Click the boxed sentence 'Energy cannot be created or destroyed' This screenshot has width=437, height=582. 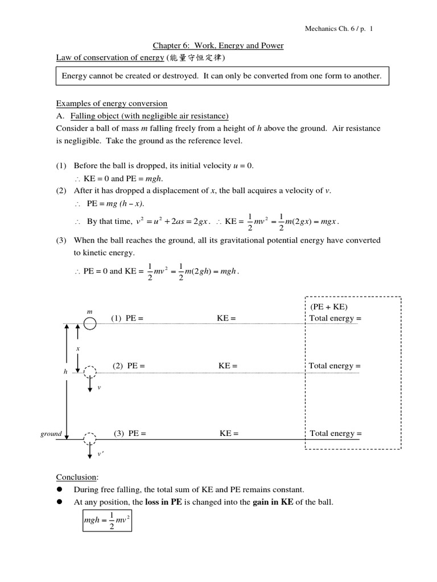(x=222, y=76)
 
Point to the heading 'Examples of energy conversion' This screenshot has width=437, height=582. (x=112, y=103)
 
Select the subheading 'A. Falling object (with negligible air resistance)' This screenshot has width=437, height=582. (x=142, y=116)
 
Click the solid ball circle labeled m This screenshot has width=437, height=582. (x=89, y=323)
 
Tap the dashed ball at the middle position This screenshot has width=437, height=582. (x=89, y=372)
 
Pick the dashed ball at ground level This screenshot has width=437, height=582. (x=89, y=439)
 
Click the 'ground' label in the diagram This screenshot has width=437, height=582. (x=51, y=434)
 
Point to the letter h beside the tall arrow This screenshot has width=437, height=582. (x=65, y=371)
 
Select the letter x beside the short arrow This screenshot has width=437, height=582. (x=78, y=348)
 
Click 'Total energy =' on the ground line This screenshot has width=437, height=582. (x=336, y=434)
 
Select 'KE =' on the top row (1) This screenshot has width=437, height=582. (x=226, y=318)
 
